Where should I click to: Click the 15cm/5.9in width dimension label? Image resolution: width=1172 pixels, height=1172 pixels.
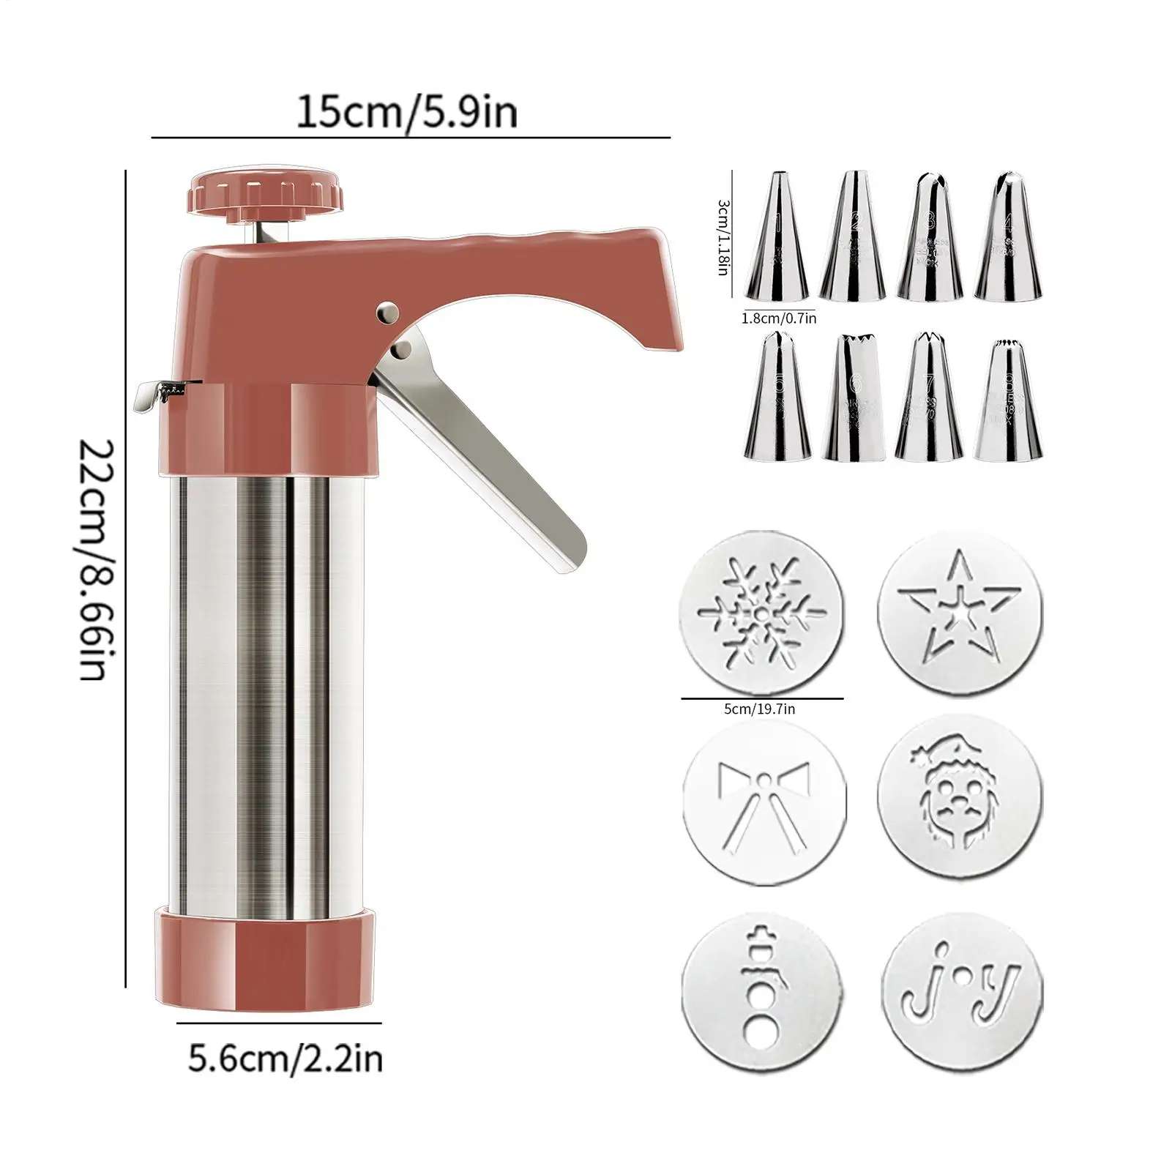click(406, 113)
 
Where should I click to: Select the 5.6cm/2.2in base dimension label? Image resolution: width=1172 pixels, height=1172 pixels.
click(285, 1059)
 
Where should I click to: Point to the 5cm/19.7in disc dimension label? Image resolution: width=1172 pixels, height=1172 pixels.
click(759, 709)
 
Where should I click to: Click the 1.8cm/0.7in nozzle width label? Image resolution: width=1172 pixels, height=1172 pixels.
click(778, 318)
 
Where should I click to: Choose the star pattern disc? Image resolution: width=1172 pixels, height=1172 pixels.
click(960, 613)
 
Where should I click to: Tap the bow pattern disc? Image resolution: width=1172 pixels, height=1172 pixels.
click(764, 805)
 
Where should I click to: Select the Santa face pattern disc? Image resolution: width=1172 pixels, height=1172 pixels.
click(960, 796)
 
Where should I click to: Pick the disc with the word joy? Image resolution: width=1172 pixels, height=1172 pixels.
click(961, 991)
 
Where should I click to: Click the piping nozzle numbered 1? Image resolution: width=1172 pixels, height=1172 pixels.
click(777, 238)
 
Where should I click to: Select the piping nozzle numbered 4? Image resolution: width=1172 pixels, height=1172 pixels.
click(1008, 238)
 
